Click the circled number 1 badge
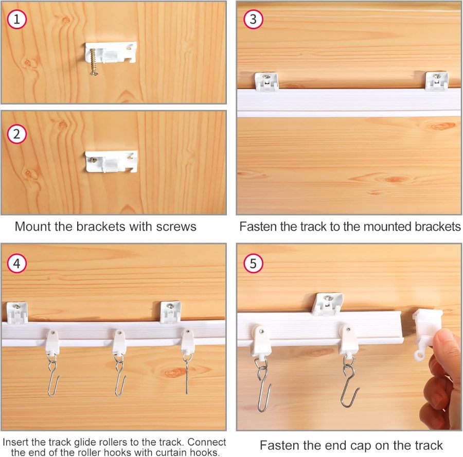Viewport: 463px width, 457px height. coord(17,19)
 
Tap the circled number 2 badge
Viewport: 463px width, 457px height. coord(17,134)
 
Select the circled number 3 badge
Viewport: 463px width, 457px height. coord(253,19)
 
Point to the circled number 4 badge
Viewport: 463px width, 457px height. coord(17,263)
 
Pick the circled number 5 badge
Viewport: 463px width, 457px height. coord(253,263)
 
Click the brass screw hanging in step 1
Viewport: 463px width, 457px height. coord(94,63)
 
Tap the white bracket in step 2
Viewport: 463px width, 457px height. coord(111,162)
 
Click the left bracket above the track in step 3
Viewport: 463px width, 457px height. coord(266,82)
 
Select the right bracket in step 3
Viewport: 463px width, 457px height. coord(437,81)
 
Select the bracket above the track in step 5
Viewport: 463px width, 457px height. coord(328,304)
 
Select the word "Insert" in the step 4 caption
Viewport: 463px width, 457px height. coord(15,442)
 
